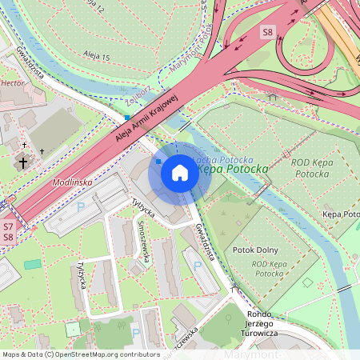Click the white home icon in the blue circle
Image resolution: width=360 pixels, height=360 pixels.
180,173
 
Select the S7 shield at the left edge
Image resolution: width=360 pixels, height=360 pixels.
7,227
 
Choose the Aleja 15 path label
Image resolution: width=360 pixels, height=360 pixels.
95,55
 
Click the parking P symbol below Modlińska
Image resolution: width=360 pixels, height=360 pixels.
79,206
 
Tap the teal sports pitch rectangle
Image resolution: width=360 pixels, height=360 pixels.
31,264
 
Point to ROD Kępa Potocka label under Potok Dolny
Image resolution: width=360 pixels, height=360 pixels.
270,268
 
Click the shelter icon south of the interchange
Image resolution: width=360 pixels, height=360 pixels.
273,97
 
